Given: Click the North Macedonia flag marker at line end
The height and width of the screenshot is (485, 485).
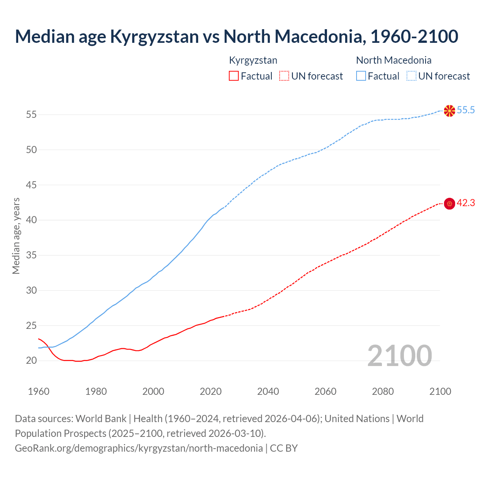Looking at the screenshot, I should click(x=449, y=111).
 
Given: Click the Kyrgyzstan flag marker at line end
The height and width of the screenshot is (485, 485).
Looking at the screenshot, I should click(x=449, y=203).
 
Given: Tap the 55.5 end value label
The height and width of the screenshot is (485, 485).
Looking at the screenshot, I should click(x=466, y=110).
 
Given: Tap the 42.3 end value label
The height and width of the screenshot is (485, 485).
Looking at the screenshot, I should click(x=466, y=203).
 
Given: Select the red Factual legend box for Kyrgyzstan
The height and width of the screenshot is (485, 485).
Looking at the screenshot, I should click(x=234, y=76).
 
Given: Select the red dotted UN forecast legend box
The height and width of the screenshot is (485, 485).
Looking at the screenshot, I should click(x=284, y=76).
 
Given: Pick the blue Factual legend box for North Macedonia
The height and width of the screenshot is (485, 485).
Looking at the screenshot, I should click(x=361, y=76).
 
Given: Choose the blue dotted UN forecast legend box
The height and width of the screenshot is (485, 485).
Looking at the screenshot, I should click(x=411, y=76).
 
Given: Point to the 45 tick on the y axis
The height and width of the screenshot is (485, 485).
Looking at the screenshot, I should click(x=31, y=185).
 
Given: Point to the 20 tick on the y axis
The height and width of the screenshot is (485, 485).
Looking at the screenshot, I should click(x=31, y=361).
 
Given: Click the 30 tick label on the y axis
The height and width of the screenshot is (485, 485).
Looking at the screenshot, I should click(x=31, y=290).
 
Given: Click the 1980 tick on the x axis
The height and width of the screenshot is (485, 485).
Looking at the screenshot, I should click(x=96, y=391).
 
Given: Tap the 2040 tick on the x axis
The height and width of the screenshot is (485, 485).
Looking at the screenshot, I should click(x=268, y=391).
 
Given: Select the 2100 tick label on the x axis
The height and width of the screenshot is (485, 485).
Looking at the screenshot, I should click(x=440, y=391).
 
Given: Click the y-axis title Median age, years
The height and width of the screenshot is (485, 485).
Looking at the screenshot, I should click(x=16, y=236).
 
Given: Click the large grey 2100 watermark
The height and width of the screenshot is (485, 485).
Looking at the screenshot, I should click(x=399, y=355).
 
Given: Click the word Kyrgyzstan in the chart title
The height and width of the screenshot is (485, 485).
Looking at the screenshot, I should click(x=154, y=36).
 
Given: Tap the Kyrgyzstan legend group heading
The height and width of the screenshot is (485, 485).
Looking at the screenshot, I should click(x=253, y=60).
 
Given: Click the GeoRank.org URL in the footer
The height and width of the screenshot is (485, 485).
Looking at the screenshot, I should click(x=139, y=448).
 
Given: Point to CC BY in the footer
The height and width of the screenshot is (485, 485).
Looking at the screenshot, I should click(x=284, y=448).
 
